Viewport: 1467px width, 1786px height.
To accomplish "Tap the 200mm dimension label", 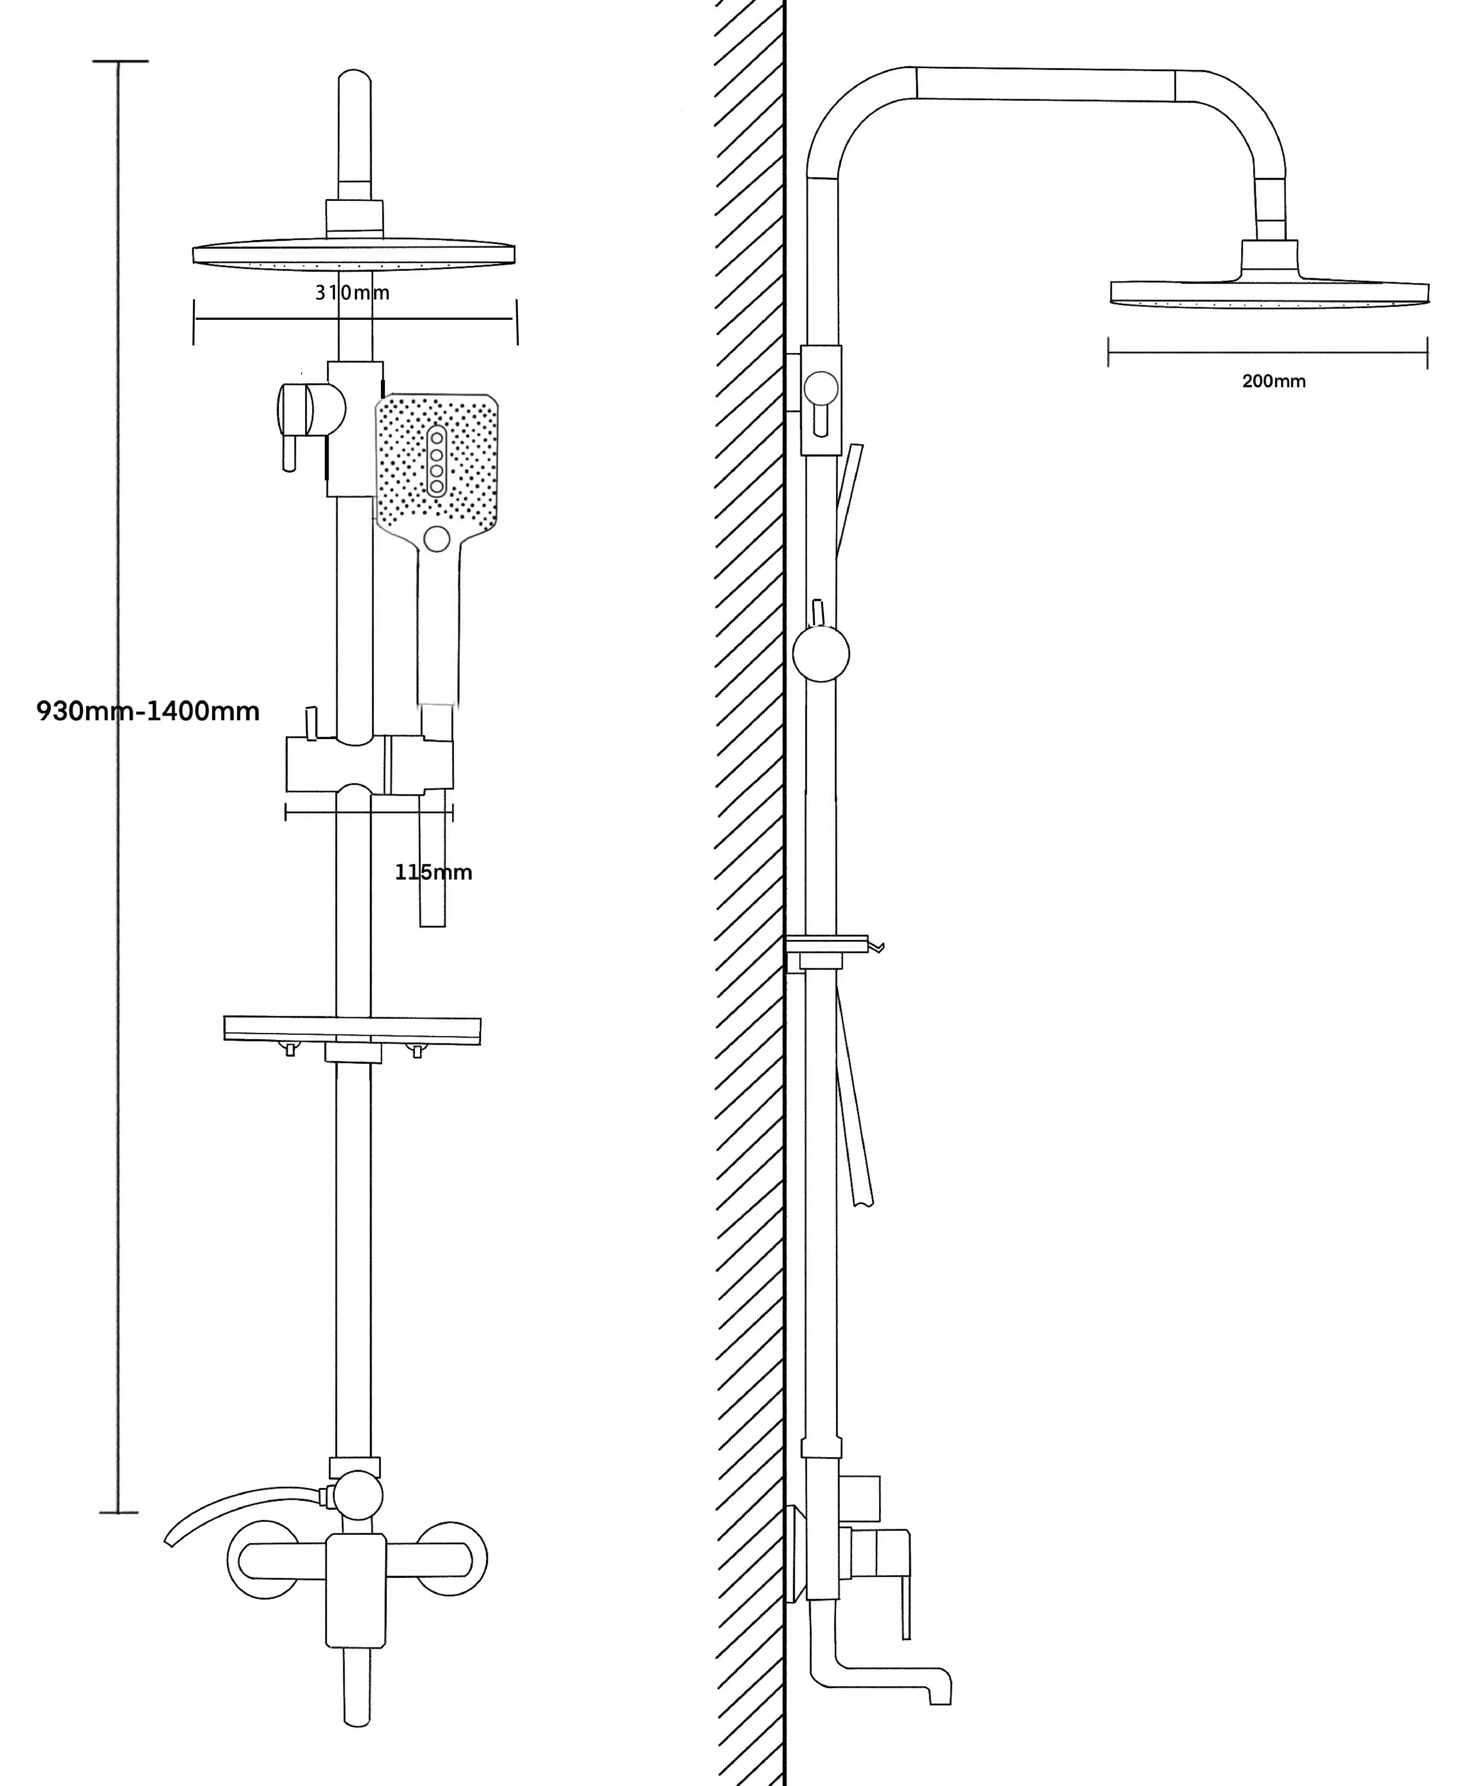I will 1274,381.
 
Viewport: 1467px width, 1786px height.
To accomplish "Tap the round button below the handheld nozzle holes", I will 437,538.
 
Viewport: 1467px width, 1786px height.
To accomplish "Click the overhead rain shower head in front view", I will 353,254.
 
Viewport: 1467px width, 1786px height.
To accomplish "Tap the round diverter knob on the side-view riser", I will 821,653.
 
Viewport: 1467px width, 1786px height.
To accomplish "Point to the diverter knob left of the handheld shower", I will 296,412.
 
